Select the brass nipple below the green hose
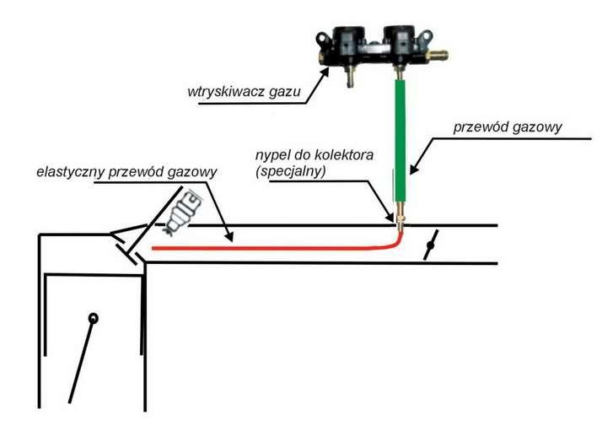tap(401, 222)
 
